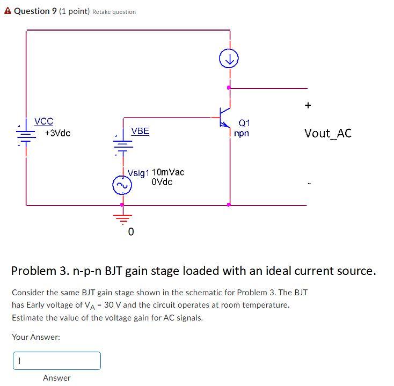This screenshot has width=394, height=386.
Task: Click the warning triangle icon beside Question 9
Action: tap(8, 11)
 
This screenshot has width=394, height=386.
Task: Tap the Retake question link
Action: tap(114, 12)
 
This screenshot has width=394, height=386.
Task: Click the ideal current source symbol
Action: tap(229, 60)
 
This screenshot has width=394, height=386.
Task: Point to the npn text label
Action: tap(242, 133)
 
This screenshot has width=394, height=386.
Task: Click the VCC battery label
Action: tap(43, 122)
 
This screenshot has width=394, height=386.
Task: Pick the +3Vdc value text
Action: tap(57, 133)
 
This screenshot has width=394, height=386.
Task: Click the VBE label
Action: tap(140, 132)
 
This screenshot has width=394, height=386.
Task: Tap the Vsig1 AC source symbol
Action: tap(121, 186)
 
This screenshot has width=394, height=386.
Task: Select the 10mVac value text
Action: tap(168, 172)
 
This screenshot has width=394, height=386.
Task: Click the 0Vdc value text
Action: tap(162, 182)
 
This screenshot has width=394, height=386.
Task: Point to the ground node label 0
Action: tap(130, 232)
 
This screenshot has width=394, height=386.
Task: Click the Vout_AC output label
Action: tap(327, 133)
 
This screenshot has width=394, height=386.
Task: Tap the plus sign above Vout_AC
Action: tap(308, 106)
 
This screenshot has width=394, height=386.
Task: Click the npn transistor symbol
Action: tap(225, 118)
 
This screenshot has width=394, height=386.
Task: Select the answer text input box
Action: tap(57, 361)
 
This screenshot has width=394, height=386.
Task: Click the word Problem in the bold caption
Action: tap(35, 271)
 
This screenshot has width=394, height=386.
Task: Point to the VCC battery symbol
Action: tap(26, 133)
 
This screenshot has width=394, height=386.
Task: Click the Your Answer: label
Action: tap(36, 337)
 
